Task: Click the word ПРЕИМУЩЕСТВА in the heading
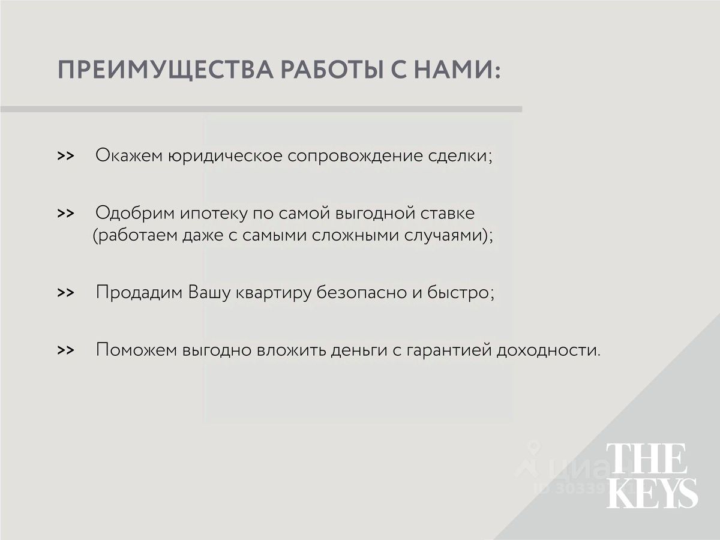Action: [x=166, y=70]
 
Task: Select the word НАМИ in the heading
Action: [x=452, y=70]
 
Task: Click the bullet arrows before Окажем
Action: [x=65, y=156]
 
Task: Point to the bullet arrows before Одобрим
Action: [x=65, y=213]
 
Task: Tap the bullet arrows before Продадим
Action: [x=65, y=292]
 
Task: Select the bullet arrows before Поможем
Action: [x=65, y=350]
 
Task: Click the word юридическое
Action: [x=226, y=156]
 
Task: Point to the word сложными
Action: [x=355, y=235]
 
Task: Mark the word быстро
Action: [x=458, y=292]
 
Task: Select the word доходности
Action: [x=546, y=351]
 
